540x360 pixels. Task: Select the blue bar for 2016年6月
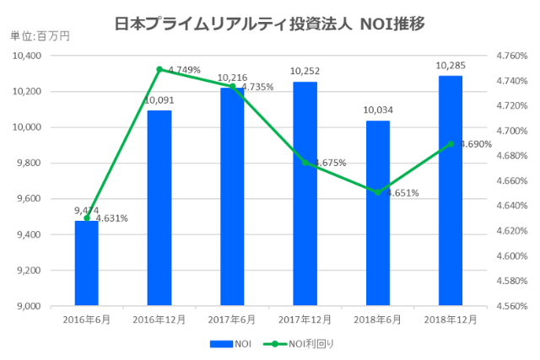click(x=86, y=262)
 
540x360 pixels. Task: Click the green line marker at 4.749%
click(x=159, y=69)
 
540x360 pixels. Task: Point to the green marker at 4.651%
click(x=378, y=192)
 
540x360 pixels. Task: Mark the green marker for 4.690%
click(x=451, y=144)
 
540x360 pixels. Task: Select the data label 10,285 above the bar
click(x=451, y=66)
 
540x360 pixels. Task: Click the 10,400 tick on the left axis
click(x=28, y=56)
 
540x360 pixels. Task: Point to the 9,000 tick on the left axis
click(x=30, y=306)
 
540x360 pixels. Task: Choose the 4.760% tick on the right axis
click(x=511, y=56)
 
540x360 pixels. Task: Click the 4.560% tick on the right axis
click(x=511, y=306)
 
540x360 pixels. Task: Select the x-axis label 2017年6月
click(x=231, y=320)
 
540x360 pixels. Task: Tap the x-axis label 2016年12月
click(x=159, y=320)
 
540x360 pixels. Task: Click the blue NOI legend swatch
click(x=220, y=344)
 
